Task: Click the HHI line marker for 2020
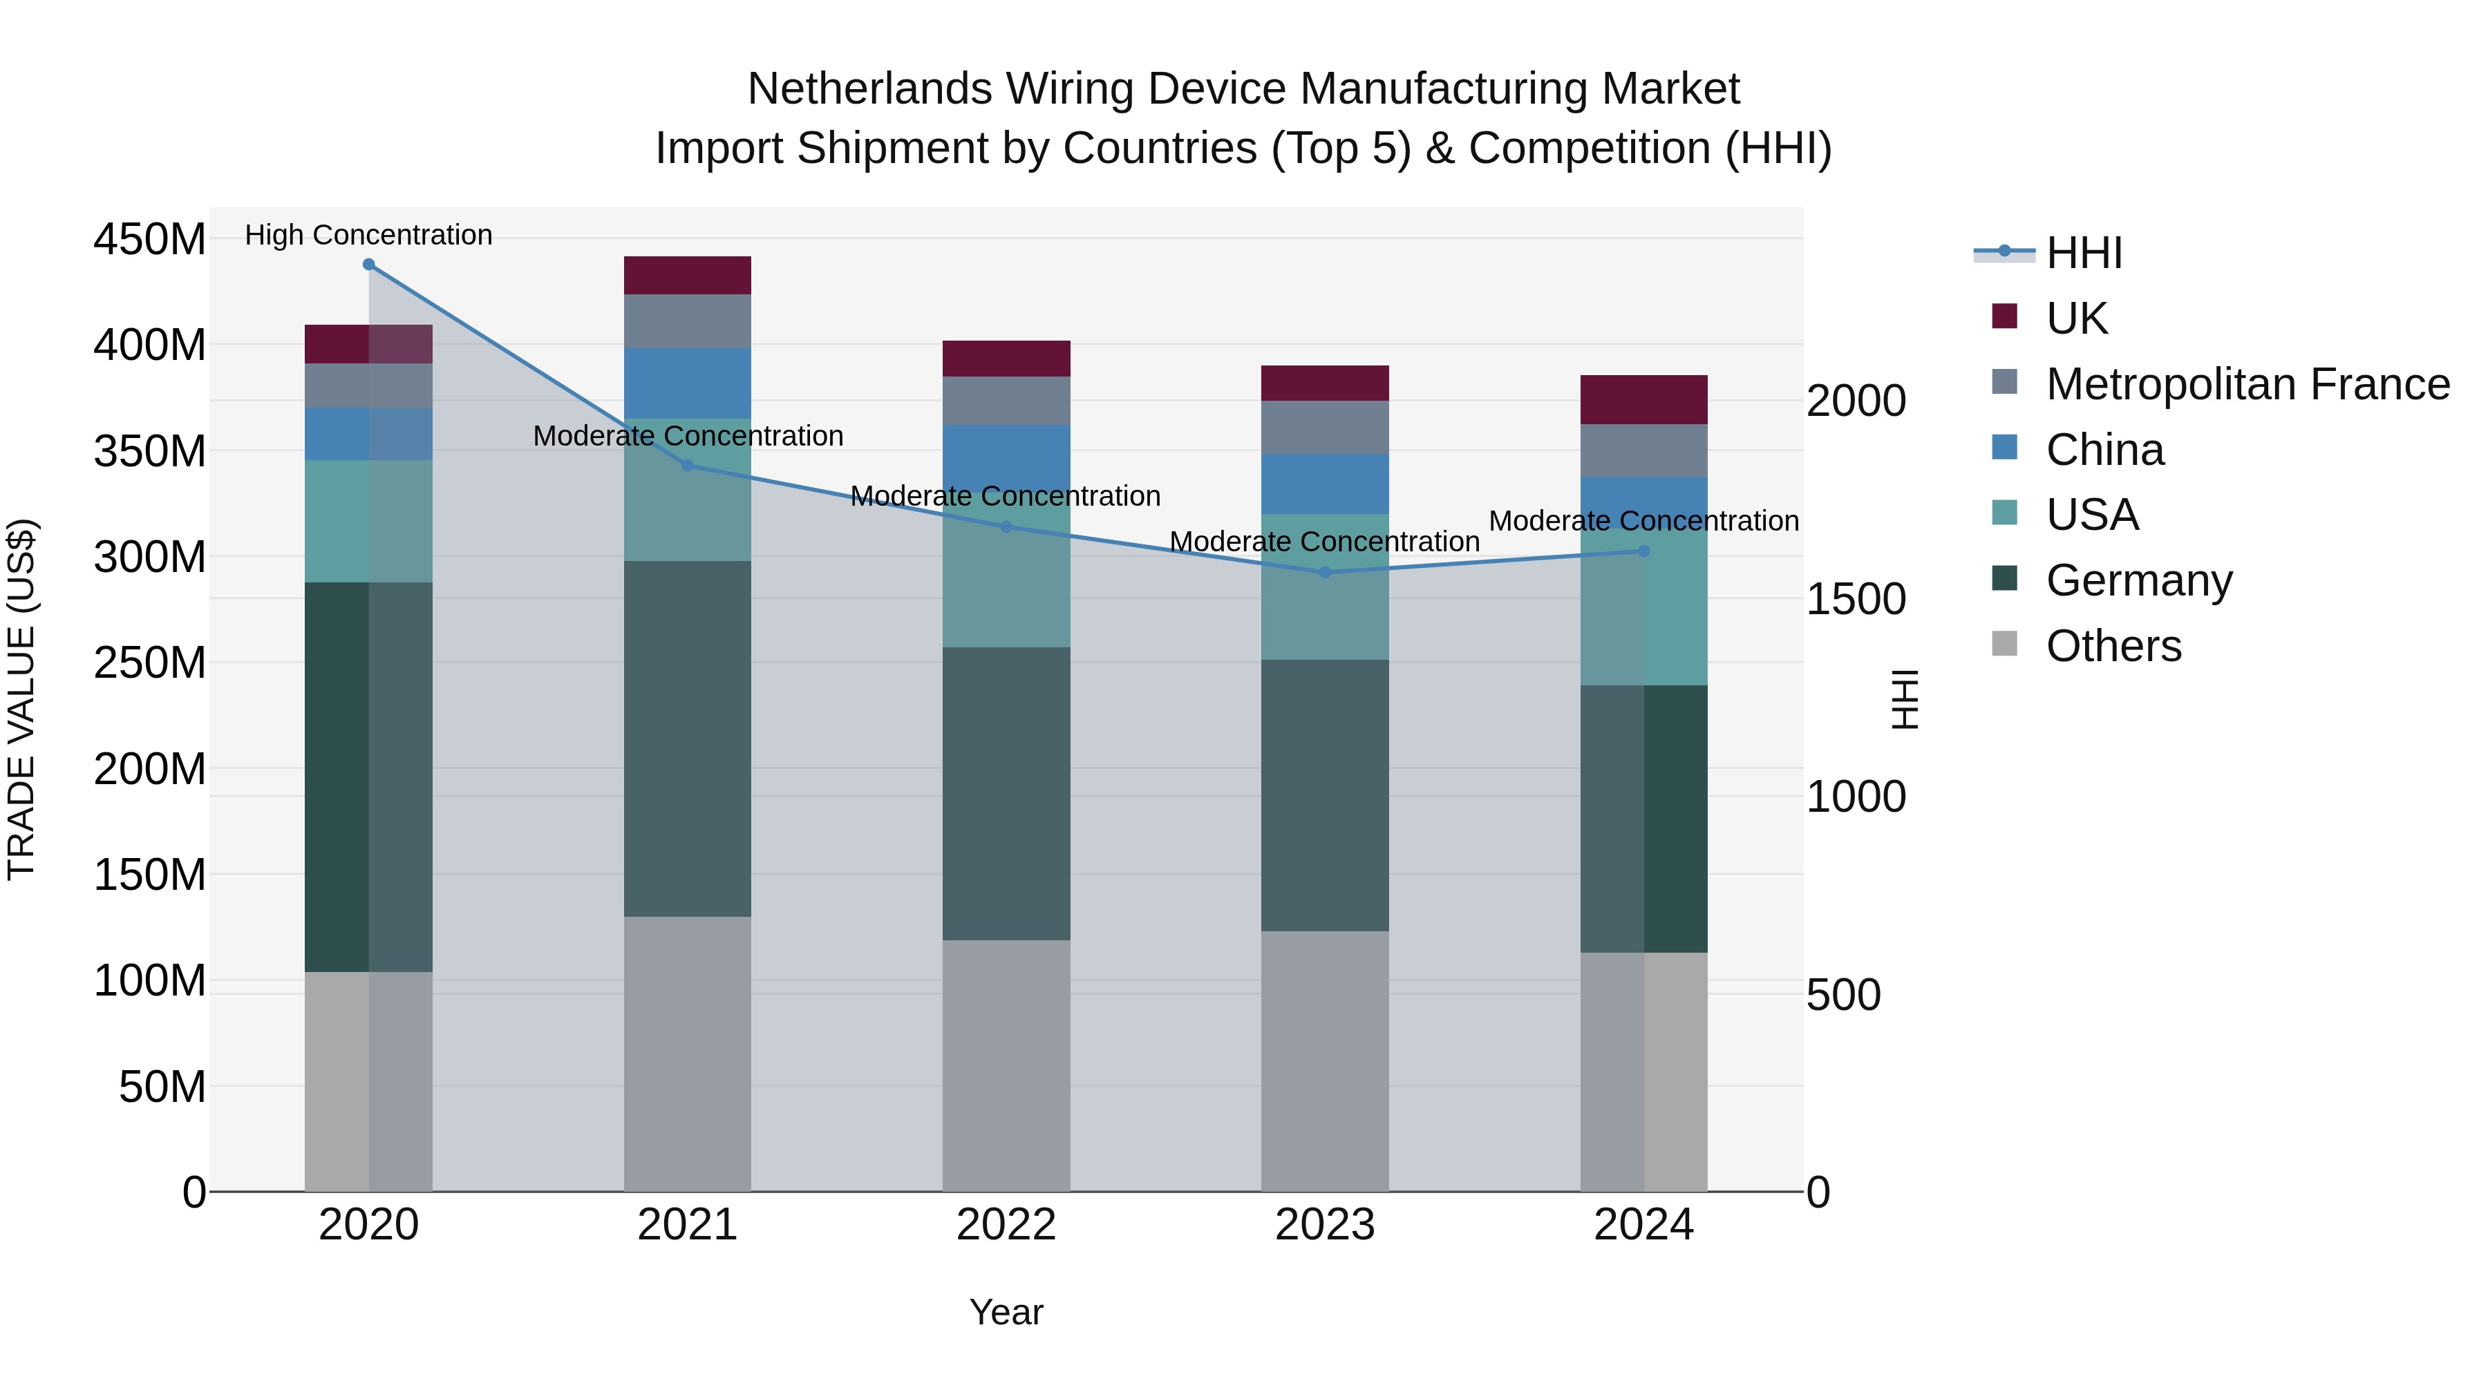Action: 369,265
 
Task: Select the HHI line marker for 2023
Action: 1325,573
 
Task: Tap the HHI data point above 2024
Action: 1644,551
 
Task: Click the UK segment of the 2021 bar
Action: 688,275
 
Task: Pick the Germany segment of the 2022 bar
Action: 1006,794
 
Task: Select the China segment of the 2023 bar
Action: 1325,484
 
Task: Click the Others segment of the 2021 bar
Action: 688,1054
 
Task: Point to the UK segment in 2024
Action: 1644,400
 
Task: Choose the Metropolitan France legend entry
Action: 2247,384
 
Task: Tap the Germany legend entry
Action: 2138,580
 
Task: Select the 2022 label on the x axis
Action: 1006,1225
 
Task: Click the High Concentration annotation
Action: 369,235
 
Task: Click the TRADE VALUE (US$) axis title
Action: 21,699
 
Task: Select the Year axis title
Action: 1006,1312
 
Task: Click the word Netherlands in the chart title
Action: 869,89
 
